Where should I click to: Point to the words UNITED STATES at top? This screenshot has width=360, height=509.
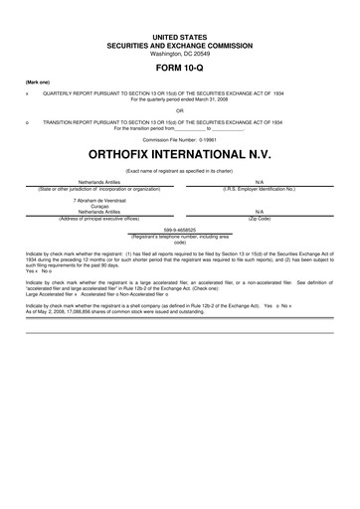pos(180,35)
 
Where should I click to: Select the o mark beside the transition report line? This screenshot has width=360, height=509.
pos(27,122)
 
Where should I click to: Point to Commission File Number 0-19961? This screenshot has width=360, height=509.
pos(180,140)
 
